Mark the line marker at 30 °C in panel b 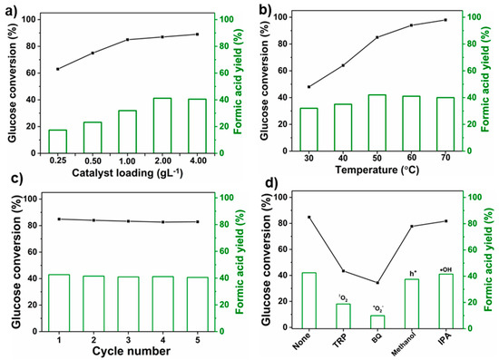coord(309,87)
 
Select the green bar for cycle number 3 coord(128,302)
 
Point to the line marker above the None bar coord(309,218)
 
